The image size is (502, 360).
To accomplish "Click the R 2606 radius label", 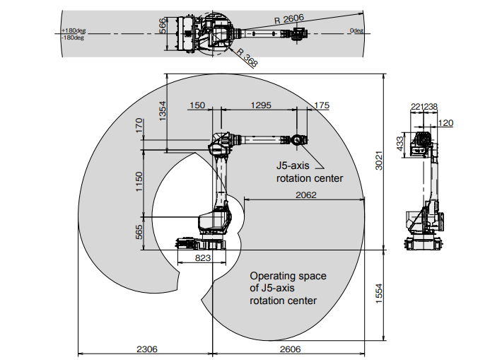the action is tap(289, 19).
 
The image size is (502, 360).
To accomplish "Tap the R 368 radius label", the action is tap(247, 58).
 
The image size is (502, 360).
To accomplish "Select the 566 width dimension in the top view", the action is tap(163, 26).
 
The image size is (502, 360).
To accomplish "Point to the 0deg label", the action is tap(356, 30).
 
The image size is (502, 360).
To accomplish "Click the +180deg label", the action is tap(74, 30).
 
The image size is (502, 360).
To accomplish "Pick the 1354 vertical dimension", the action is tap(163, 111).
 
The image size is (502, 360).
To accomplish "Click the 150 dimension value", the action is tap(197, 105).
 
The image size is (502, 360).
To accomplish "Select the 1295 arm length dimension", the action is tap(261, 105).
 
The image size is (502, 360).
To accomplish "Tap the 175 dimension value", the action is tap(322, 105).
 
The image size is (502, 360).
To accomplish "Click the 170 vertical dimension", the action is tap(139, 126).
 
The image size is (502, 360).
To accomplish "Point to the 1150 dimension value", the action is tap(139, 182).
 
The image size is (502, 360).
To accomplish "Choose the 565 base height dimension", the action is tap(139, 232).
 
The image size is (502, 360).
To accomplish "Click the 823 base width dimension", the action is tap(203, 258).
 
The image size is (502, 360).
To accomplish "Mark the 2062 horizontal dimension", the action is tap(306, 195).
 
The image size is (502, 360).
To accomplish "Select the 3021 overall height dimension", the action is tap(379, 161).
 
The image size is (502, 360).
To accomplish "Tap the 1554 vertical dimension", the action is tap(379, 294).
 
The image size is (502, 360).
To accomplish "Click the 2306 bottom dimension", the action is tap(147, 349).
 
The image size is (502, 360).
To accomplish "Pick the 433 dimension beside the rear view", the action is tap(400, 144).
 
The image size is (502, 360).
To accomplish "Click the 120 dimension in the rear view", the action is tap(445, 123).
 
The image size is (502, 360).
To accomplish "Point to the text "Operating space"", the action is tap(288, 276).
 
